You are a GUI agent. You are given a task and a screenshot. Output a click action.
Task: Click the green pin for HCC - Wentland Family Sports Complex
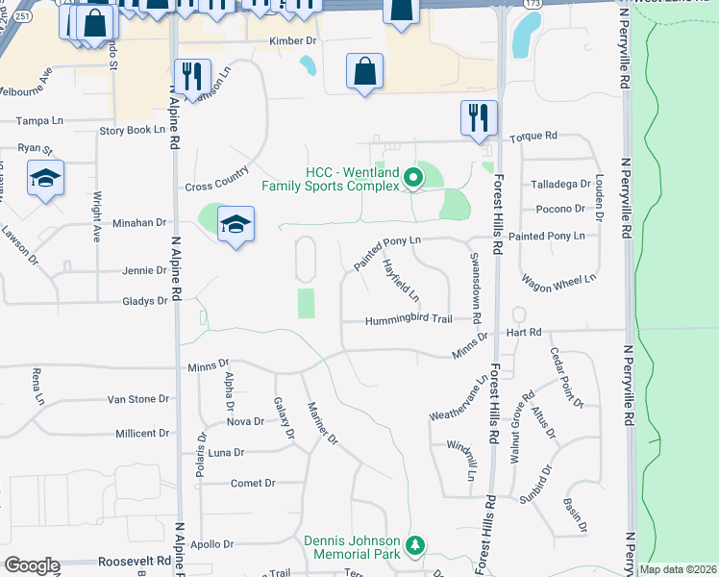pyautogui.click(x=414, y=177)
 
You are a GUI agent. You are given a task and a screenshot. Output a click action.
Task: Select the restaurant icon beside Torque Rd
pyautogui.click(x=479, y=118)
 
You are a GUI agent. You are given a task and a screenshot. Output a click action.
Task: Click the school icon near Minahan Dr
pyautogui.click(x=236, y=225)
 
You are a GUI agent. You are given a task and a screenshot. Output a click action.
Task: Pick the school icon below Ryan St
pyautogui.click(x=45, y=179)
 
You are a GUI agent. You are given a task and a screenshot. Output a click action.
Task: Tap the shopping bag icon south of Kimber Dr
pyautogui.click(x=365, y=71)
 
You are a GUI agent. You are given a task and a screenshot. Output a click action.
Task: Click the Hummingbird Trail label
pyautogui.click(x=409, y=320)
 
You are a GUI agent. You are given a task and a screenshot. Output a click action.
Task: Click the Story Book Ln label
pyautogui.click(x=133, y=129)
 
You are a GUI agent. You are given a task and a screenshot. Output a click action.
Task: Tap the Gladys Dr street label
pyautogui.click(x=145, y=301)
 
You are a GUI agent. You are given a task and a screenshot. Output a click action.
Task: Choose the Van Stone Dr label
pyautogui.click(x=137, y=398)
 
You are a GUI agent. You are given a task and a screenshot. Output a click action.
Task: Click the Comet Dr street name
pyautogui.click(x=253, y=483)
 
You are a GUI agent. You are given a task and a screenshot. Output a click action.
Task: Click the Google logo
pyautogui.click(x=32, y=565)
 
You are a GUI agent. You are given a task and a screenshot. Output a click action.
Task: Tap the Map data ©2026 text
pyautogui.click(x=678, y=569)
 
